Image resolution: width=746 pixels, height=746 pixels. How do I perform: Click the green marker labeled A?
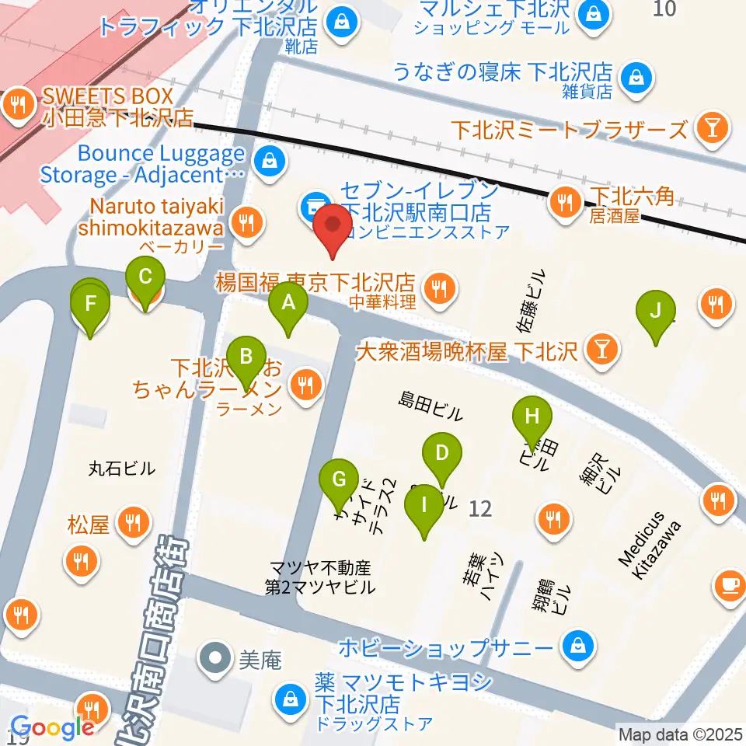click(x=288, y=303)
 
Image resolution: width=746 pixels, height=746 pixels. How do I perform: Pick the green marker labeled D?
click(x=441, y=454)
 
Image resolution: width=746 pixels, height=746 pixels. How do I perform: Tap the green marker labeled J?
click(x=656, y=312)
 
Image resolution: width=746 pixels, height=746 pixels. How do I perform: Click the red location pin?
click(x=334, y=226)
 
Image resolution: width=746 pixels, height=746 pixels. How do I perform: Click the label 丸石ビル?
click(x=122, y=469)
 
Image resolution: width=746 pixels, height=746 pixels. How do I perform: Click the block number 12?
click(x=481, y=509)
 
